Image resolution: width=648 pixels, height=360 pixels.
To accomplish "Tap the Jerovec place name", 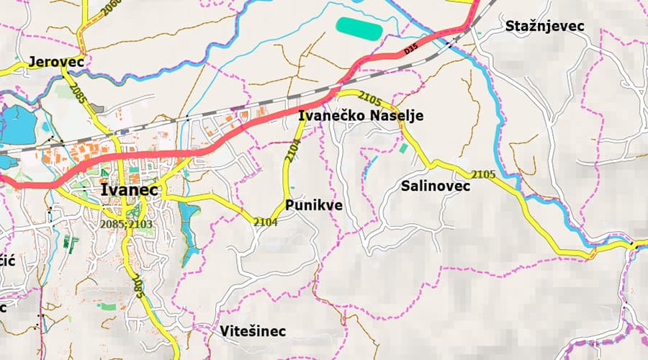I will point(56,62).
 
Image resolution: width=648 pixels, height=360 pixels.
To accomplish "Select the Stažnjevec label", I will point(544,26).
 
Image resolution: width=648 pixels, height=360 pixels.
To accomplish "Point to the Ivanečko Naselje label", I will point(361,116).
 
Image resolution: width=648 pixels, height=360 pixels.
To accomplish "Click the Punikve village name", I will point(314,205).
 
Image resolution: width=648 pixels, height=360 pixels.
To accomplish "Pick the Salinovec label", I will point(436,186).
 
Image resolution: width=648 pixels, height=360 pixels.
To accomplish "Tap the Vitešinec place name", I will point(253,331).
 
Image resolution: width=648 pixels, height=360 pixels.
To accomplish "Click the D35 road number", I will point(410,50).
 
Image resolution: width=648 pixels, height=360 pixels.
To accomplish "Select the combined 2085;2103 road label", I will point(127,224).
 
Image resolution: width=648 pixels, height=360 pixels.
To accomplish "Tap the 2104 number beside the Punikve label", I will point(266,222).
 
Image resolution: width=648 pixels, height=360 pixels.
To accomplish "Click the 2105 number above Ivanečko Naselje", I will point(369,96).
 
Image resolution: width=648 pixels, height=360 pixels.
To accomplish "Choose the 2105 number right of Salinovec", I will point(485,174).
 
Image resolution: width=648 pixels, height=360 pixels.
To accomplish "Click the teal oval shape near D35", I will point(359,28).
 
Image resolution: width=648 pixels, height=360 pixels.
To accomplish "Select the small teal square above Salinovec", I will point(402,148).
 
